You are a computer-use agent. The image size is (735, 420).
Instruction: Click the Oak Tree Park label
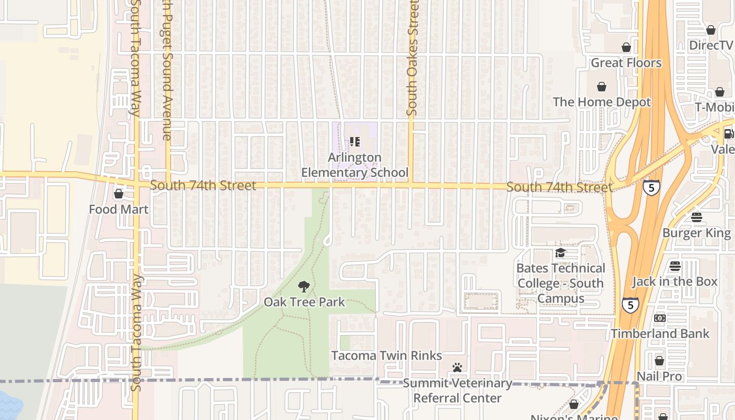[x=304, y=302]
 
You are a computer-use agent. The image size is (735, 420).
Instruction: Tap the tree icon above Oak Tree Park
[x=303, y=286]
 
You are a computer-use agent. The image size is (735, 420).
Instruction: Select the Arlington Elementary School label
[x=354, y=165]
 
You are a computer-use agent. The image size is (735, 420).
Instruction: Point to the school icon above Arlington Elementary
[x=354, y=142]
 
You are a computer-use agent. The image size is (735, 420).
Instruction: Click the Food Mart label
[x=119, y=209]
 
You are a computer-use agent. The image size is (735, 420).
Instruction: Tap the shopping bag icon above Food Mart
[x=119, y=194]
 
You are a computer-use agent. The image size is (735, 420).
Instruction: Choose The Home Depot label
[x=602, y=102]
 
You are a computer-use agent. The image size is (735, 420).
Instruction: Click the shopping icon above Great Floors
[x=626, y=47]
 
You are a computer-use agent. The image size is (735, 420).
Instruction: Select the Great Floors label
[x=626, y=63]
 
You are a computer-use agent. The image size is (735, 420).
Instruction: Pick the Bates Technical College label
[x=561, y=283]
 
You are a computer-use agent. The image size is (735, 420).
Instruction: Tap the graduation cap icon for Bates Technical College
[x=560, y=253]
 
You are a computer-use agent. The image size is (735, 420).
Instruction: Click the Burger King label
[x=697, y=233]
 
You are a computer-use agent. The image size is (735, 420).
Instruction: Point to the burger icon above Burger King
[x=697, y=217]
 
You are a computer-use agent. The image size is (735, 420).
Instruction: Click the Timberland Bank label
[x=660, y=333]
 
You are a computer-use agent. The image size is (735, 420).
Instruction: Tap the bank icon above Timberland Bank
[x=660, y=318]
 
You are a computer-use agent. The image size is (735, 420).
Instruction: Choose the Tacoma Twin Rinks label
[x=386, y=355]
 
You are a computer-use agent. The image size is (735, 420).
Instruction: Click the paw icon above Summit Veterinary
[x=457, y=367]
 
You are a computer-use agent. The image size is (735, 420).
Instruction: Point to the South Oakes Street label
[x=412, y=58]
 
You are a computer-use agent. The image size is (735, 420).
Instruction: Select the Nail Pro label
[x=659, y=376]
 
